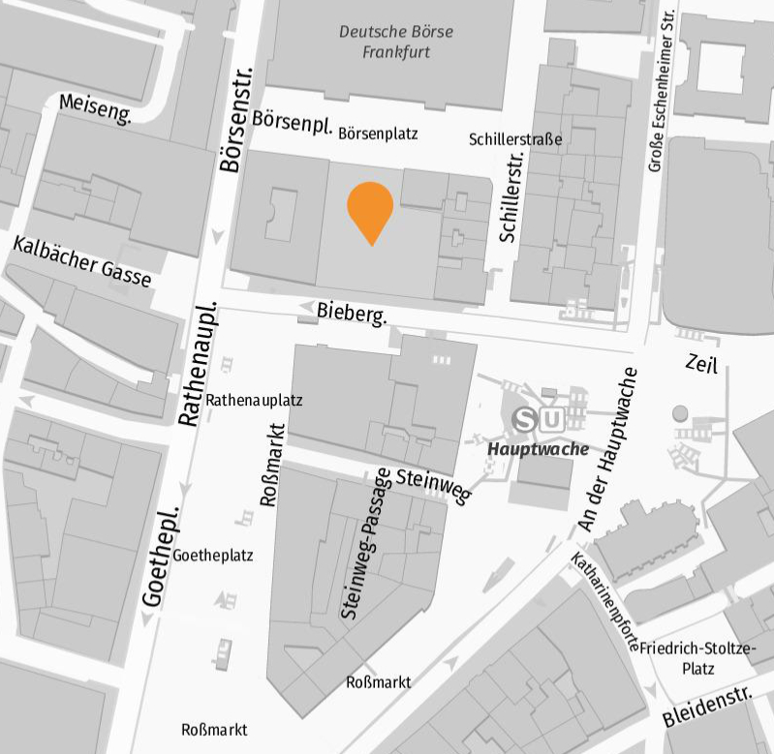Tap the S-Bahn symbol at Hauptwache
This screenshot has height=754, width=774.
tap(527, 420)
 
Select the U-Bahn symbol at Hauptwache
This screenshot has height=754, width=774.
tap(551, 420)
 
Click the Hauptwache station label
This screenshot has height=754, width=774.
tap(538, 448)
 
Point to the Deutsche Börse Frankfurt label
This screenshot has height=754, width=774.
tap(396, 42)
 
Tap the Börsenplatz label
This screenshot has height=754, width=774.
tap(378, 135)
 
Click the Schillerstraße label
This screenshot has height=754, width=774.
tap(515, 139)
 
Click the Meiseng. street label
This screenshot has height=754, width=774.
tap(95, 107)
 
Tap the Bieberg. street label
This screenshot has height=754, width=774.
tap(352, 313)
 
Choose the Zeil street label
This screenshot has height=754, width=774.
tap(700, 363)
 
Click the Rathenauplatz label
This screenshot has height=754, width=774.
tap(255, 399)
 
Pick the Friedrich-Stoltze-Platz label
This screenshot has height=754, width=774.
tap(698, 658)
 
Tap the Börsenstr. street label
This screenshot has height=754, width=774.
tap(234, 119)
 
